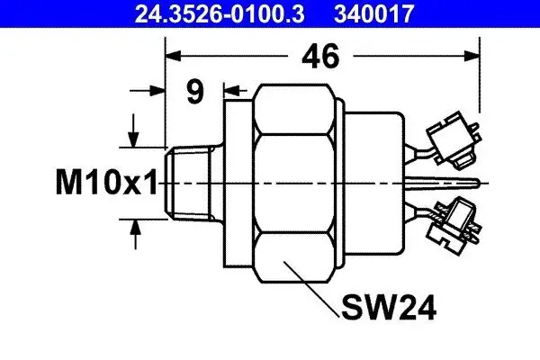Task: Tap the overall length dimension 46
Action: click(x=320, y=58)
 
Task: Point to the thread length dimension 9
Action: click(x=194, y=91)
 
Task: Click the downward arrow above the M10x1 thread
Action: click(x=136, y=139)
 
